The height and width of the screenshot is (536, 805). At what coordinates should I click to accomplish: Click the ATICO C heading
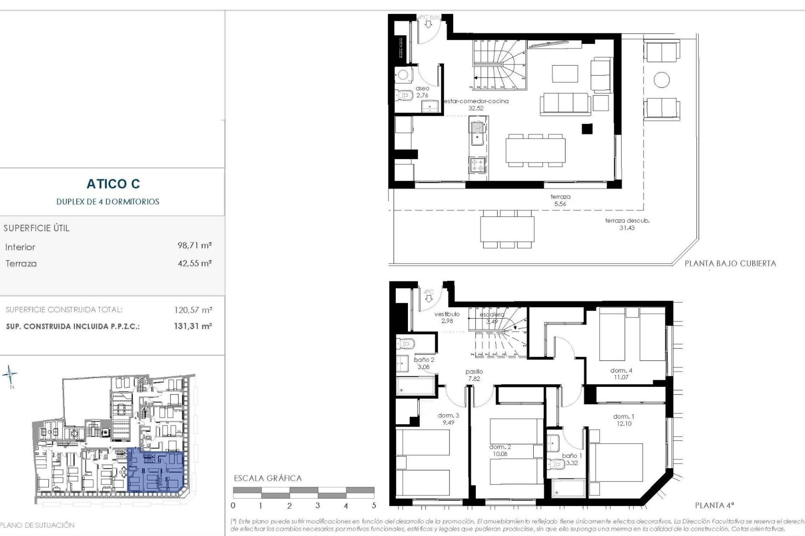(113, 184)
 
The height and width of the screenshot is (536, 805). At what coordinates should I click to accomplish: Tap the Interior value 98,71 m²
(195, 245)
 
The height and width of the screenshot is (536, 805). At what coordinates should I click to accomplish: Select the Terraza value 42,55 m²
(195, 263)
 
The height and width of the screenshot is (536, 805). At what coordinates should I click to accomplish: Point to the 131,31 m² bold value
(193, 326)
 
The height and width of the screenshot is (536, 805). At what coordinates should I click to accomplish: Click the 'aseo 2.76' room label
(422, 92)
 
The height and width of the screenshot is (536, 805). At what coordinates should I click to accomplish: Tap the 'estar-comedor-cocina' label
(476, 101)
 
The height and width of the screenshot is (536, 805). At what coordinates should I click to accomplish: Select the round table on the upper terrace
(662, 80)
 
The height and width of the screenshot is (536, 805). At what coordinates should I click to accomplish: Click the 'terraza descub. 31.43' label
(627, 224)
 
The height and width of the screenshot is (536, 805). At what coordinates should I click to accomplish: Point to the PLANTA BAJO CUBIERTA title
(730, 263)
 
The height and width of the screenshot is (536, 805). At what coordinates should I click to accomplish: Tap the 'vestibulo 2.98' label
(447, 317)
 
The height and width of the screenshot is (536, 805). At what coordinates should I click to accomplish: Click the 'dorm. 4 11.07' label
(621, 374)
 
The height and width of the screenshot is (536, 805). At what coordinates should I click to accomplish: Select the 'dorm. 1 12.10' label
(623, 420)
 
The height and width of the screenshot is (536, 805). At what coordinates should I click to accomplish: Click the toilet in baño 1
(558, 464)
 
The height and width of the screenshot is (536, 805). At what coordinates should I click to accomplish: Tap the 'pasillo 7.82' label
(474, 375)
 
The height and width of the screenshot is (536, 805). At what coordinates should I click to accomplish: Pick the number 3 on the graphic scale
(317, 505)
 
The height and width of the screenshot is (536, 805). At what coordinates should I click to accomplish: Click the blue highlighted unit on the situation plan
(155, 470)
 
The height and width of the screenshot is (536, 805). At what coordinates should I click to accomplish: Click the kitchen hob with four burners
(477, 164)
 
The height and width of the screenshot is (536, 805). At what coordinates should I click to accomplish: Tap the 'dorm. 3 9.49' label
(448, 419)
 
